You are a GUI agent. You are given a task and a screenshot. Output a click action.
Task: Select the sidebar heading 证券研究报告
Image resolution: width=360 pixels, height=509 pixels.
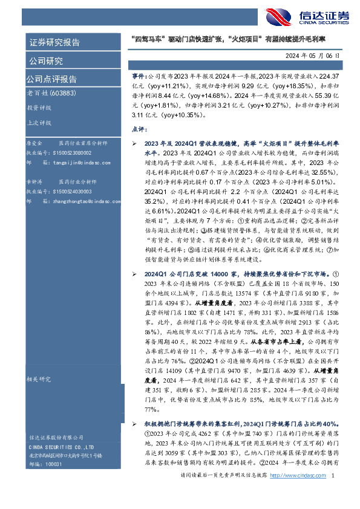(54, 42)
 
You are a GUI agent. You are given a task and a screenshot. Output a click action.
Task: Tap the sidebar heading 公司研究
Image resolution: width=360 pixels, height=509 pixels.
(45, 60)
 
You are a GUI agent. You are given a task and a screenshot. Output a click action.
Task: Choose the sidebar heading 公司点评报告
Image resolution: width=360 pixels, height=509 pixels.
(51, 79)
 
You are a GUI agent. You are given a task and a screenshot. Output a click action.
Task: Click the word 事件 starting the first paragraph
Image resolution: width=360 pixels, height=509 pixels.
(139, 79)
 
